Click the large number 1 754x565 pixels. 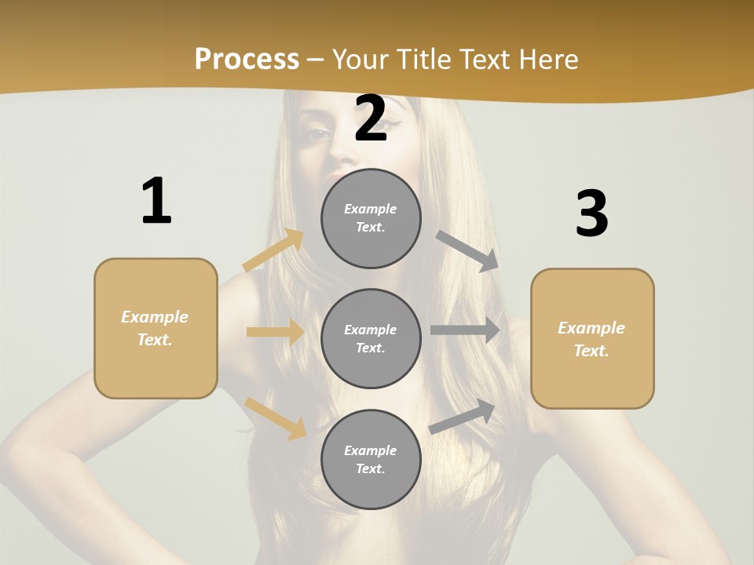click(156, 202)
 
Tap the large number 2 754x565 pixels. click(371, 118)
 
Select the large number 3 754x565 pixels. click(592, 214)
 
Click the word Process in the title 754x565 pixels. click(247, 59)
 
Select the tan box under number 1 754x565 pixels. click(156, 328)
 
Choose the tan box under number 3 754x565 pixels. click(592, 338)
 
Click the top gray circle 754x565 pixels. click(371, 218)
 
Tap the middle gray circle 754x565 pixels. click(371, 338)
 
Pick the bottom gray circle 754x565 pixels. click(371, 459)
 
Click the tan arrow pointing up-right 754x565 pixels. click(274, 250)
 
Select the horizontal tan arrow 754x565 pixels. click(275, 332)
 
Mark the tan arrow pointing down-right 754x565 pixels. click(276, 417)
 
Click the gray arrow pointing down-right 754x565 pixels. click(467, 250)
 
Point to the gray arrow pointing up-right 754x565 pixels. click(463, 415)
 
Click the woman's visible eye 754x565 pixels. click(317, 133)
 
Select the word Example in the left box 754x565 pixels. click(155, 317)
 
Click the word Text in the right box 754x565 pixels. click(591, 351)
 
